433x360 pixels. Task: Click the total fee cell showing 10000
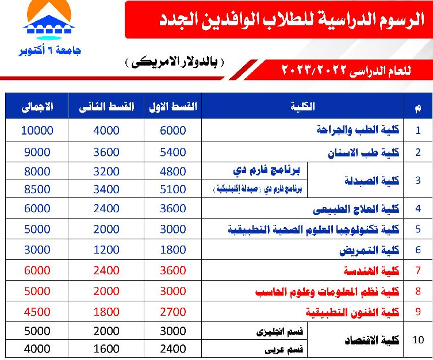[37, 131]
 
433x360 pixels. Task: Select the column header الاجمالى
[37, 106]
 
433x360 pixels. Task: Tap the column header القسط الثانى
[106, 106]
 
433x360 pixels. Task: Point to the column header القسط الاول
[173, 106]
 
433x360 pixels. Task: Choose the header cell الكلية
[304, 106]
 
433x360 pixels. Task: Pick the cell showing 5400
[173, 152]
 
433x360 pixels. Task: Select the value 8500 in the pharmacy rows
[37, 189]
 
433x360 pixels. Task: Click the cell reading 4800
[173, 171]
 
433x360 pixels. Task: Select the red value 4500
[37, 312]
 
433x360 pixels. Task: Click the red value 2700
[173, 312]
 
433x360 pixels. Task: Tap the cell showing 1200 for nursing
[106, 250]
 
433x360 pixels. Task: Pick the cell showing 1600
[106, 349]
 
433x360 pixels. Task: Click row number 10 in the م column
[418, 340]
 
